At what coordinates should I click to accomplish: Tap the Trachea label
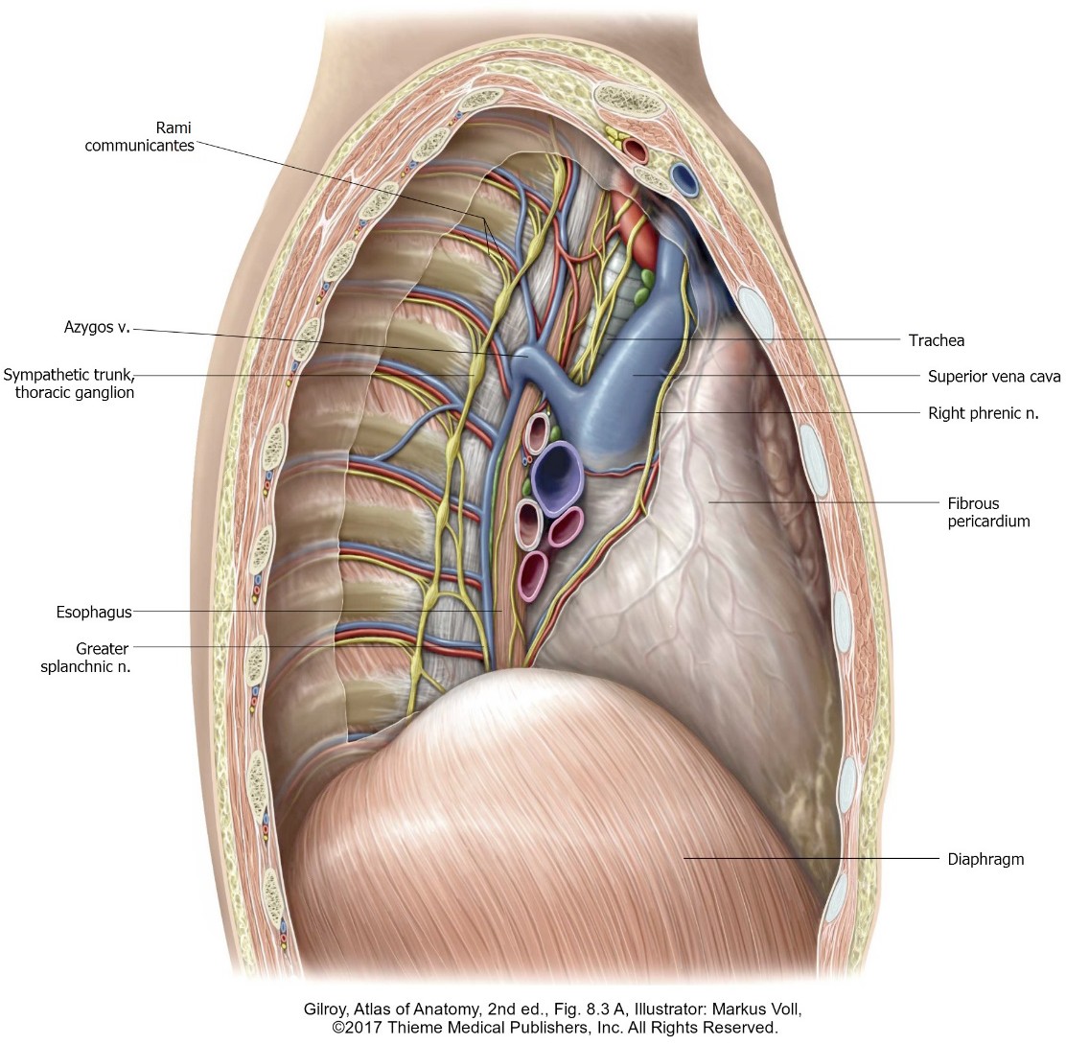pyautogui.click(x=936, y=340)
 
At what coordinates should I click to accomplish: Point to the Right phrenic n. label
pyautogui.click(x=984, y=413)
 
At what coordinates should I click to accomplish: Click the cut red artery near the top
pyautogui.click(x=635, y=150)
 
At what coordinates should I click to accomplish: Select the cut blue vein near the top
pyautogui.click(x=684, y=178)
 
